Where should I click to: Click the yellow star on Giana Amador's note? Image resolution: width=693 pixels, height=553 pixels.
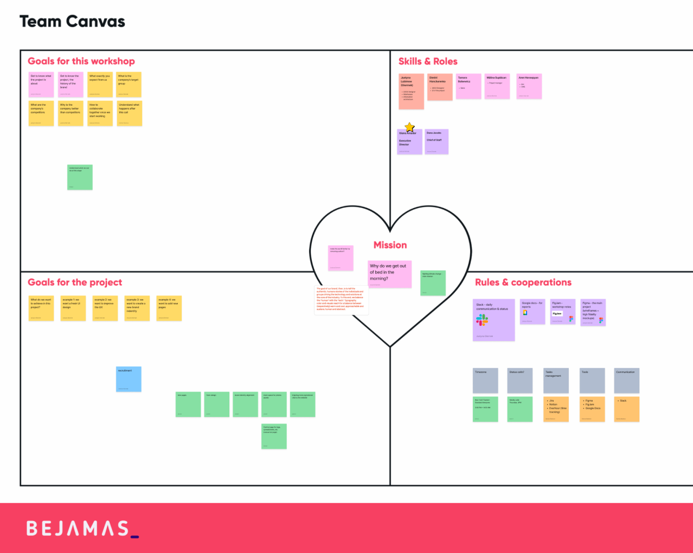point(410,127)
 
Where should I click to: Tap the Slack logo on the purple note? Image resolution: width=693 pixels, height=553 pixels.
point(482,320)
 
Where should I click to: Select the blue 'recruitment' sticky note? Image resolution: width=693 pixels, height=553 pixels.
point(129,379)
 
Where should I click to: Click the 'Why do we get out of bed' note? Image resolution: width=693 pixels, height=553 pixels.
point(389,273)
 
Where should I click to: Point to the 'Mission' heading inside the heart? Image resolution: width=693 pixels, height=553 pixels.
point(390,245)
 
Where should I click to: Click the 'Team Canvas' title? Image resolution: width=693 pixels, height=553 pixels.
point(72,22)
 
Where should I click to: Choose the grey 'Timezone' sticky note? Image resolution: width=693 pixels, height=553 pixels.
point(485,381)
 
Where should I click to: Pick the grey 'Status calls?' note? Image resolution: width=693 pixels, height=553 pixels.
point(520,381)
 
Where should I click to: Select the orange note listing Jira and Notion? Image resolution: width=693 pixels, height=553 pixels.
point(556,409)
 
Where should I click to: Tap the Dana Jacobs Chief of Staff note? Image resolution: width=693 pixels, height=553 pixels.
point(437,142)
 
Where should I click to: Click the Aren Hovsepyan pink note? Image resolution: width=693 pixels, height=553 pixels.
point(529,86)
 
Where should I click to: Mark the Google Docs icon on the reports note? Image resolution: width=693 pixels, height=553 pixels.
point(525,313)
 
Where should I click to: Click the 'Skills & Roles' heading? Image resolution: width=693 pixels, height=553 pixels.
point(428,61)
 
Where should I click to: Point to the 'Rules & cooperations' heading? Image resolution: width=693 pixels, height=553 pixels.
point(523,282)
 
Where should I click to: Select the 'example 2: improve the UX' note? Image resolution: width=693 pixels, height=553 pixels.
point(105,308)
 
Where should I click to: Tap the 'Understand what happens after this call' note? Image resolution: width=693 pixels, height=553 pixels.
point(129,113)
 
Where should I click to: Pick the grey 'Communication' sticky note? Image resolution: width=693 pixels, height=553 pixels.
point(626,381)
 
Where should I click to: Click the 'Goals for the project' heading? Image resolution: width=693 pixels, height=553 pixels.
point(75,282)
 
